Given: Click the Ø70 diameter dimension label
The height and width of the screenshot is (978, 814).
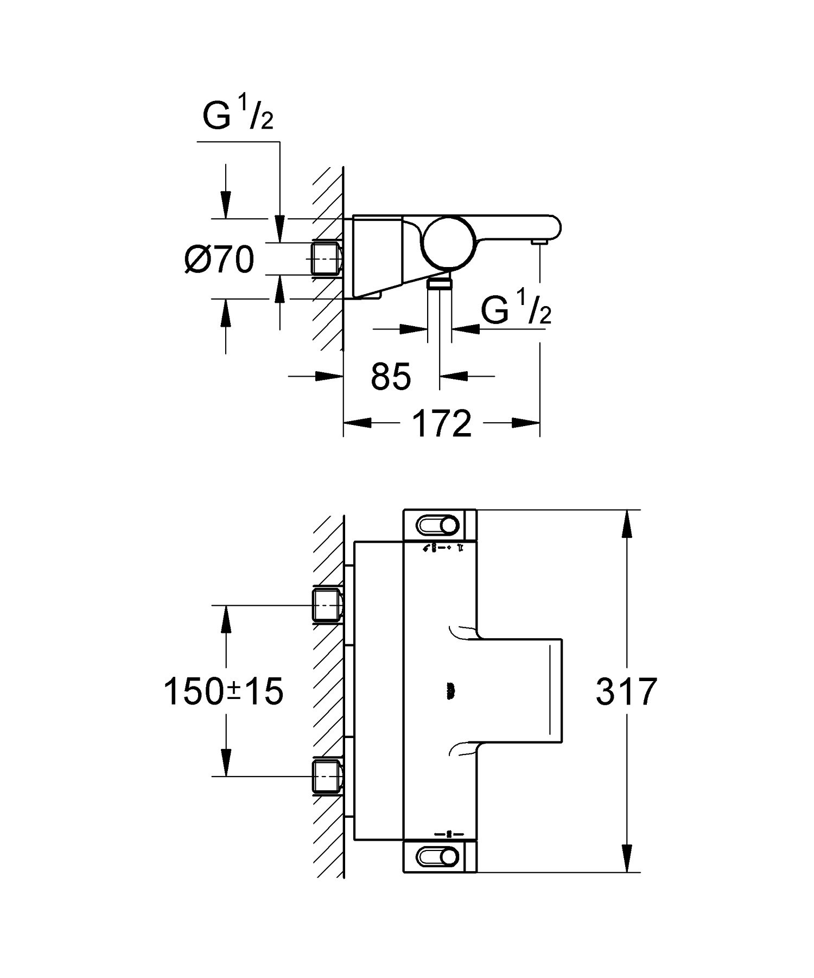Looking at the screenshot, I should [x=219, y=259].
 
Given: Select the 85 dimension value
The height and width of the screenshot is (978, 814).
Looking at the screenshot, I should [x=391, y=376].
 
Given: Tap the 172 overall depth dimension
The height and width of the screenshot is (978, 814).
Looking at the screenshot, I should [x=442, y=423].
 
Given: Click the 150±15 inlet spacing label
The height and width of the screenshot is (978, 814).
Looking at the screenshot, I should [x=223, y=691].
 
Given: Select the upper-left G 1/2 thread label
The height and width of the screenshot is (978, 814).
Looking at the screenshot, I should [x=237, y=117].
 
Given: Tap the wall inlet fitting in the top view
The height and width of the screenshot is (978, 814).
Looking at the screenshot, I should [x=327, y=259].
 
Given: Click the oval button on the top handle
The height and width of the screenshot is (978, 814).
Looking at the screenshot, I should [x=437, y=525].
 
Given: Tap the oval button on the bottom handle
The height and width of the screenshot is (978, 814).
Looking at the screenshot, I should [x=437, y=857].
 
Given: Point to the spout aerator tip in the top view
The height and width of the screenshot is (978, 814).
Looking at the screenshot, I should [x=538, y=242].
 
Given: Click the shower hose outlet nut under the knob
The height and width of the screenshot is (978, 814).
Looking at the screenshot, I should [x=440, y=283].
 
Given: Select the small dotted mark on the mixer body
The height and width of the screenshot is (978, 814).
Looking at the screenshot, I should [x=450, y=691].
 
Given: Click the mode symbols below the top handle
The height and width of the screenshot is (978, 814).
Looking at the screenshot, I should [x=443, y=548].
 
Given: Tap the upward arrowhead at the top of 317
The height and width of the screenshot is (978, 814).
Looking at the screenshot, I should [x=627, y=524].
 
